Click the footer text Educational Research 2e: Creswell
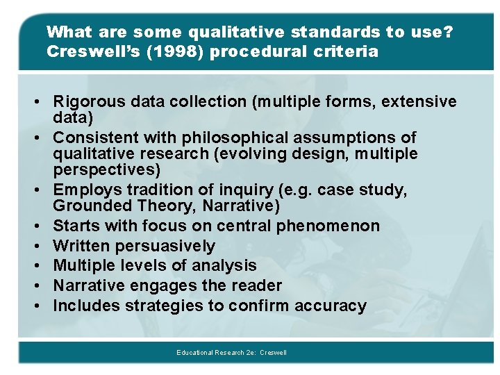pos(231,353)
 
